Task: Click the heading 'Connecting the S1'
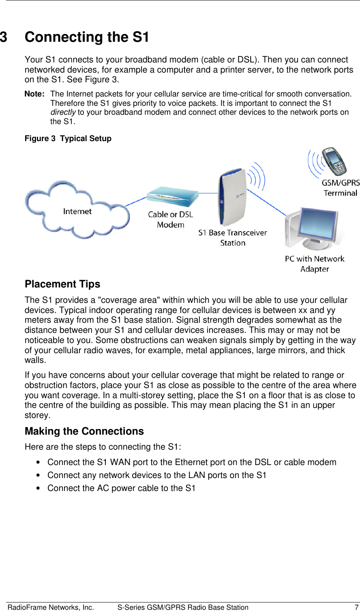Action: tap(87, 37)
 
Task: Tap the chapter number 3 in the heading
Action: tap(4, 37)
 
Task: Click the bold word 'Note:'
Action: tap(34, 94)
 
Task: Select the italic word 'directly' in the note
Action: tap(63, 112)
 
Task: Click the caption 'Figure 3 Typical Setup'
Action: tap(68, 139)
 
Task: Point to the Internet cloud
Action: tap(77, 211)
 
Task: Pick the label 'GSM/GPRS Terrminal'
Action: tap(341, 188)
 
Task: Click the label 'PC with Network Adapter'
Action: tap(315, 264)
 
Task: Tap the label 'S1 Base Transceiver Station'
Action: tap(233, 238)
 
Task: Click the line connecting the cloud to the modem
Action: tap(137, 202)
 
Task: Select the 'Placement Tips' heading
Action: tap(62, 284)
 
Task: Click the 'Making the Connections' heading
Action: tap(84, 431)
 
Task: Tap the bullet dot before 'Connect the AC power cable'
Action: tap(38, 489)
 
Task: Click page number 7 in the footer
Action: tap(356, 607)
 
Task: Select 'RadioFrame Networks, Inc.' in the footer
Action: tap(51, 607)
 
